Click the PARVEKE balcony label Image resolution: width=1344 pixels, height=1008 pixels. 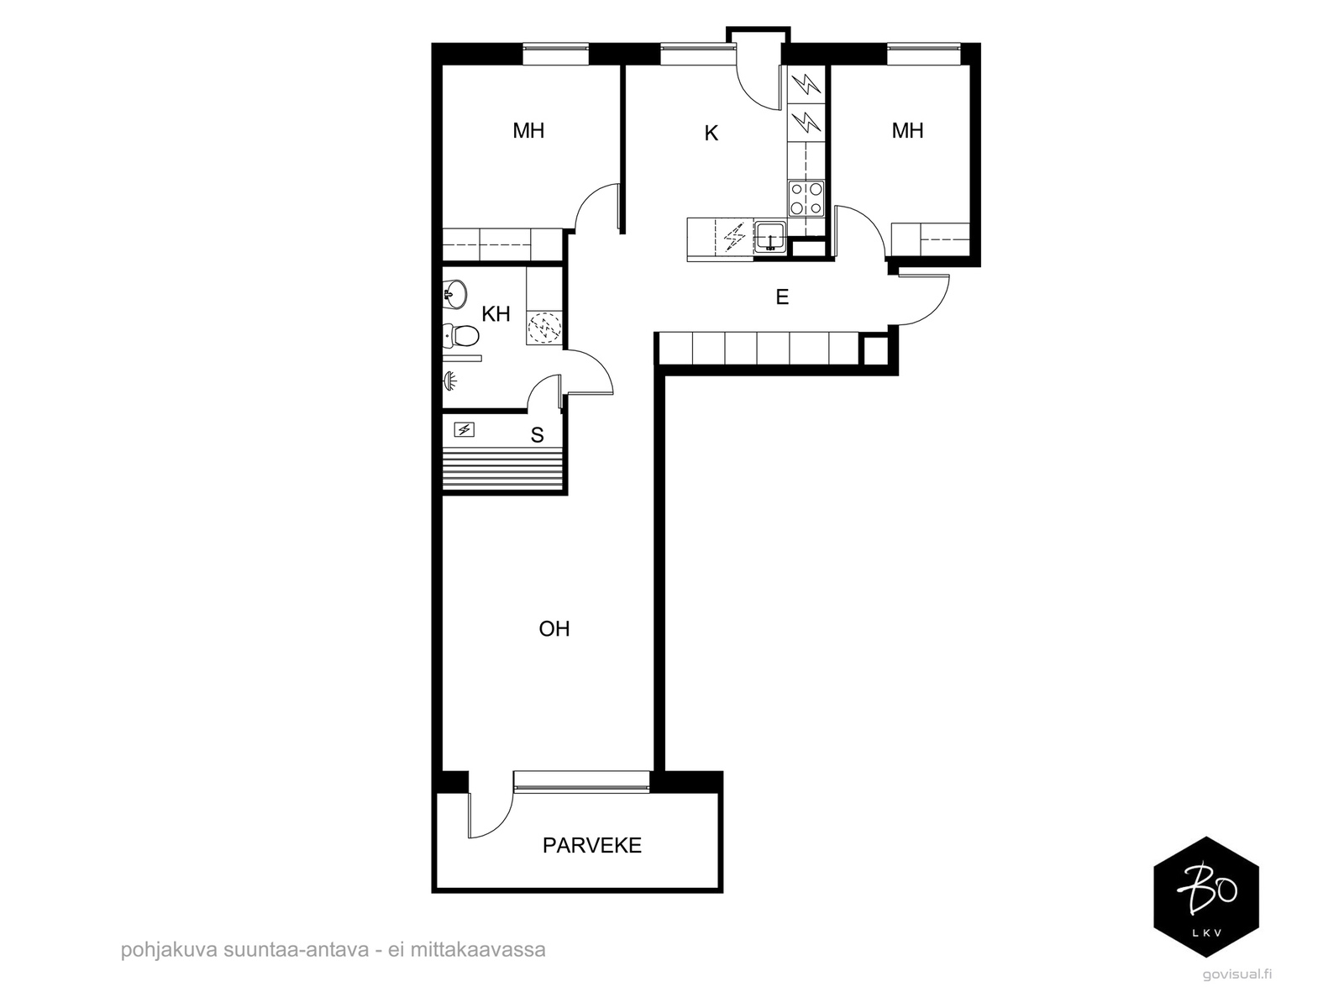(591, 845)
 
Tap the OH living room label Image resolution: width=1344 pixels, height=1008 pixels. (554, 628)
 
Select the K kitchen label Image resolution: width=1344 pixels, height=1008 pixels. (711, 133)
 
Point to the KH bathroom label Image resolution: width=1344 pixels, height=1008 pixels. (496, 314)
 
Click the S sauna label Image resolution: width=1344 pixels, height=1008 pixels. (537, 435)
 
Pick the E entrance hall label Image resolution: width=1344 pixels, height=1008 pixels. (782, 297)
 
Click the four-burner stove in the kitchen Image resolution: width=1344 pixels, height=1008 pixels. (806, 198)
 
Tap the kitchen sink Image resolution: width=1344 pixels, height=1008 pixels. (769, 237)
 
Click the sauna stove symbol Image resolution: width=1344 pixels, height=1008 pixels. (465, 430)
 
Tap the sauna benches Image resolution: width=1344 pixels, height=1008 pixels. (502, 468)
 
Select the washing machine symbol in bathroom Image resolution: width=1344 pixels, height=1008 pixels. (543, 328)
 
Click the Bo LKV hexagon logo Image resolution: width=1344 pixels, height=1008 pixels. (1206, 896)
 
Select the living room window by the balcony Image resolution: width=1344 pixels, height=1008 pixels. (581, 782)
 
